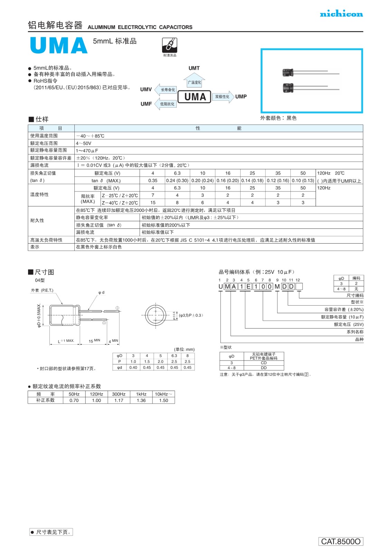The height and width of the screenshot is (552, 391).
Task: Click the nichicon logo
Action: point(341,14)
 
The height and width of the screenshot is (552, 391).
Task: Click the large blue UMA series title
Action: point(59,46)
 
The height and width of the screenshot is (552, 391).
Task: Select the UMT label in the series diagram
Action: point(194,68)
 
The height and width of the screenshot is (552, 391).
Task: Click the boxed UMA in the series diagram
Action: point(195,97)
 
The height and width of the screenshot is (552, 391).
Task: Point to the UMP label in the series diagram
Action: point(241,97)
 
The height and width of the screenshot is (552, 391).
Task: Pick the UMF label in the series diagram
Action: point(146,104)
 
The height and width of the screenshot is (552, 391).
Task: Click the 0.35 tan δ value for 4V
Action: point(152,180)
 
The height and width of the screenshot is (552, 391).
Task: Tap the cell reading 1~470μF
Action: point(87,151)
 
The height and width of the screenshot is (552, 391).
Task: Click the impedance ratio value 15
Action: point(152,203)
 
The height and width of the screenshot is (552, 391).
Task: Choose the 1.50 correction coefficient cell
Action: point(164,401)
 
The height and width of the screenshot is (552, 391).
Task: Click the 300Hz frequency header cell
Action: point(119,394)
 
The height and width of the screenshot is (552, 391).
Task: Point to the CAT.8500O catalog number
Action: point(341,541)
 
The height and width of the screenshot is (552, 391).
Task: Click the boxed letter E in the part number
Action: point(248,286)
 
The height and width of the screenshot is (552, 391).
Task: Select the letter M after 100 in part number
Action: point(277,286)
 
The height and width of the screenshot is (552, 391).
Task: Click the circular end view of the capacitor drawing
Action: point(156,315)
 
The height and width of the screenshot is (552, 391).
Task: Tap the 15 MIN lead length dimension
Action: point(94,341)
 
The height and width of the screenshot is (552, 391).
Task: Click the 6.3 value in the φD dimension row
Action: point(174,356)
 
